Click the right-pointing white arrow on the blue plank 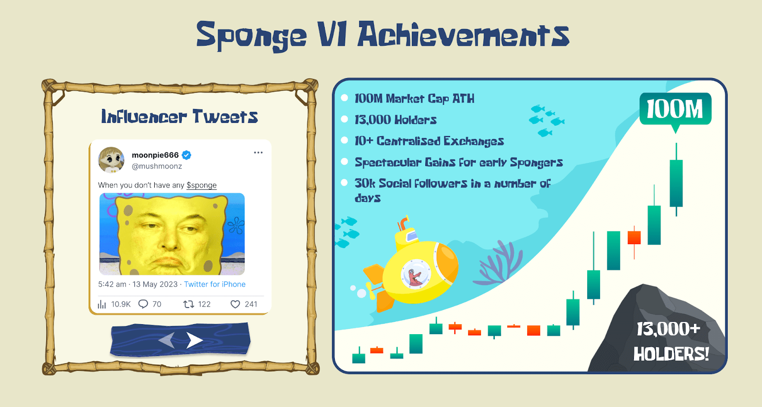[195, 340]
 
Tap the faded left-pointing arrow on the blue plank [167, 340]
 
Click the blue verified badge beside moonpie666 [186, 155]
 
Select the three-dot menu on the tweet [258, 152]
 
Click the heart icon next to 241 [235, 304]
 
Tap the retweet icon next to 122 [189, 304]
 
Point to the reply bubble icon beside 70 [143, 304]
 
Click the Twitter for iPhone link [215, 284]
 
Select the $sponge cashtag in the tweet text [201, 185]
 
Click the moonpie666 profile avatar [111, 160]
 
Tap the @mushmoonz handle [157, 166]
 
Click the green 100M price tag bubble [675, 109]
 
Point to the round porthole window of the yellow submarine [415, 274]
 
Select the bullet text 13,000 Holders [395, 119]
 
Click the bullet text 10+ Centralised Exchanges [429, 141]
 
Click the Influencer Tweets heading [180, 117]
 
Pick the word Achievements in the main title [463, 35]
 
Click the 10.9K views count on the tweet [121, 304]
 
